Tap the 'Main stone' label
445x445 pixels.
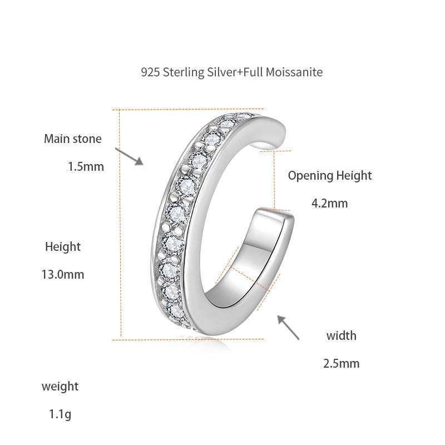73,139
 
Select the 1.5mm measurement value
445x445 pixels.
86,166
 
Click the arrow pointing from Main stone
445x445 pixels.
130,156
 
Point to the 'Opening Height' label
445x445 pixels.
329,176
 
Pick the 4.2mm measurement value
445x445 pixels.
329,203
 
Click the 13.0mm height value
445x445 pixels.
63,274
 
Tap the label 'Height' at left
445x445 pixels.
63,246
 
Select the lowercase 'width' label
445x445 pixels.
341,335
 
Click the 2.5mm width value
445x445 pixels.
341,364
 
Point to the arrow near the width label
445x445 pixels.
288,327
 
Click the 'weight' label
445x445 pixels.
60,386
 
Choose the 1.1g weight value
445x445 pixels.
60,414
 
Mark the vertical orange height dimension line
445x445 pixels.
120,222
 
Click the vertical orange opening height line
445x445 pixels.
274,180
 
